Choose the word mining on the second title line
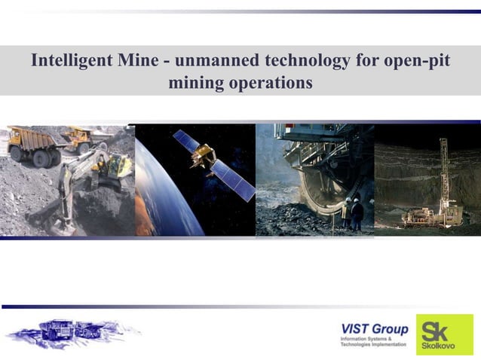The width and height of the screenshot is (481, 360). point(197,83)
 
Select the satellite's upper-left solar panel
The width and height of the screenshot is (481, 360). point(185,139)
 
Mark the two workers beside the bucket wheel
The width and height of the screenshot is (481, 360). point(352,213)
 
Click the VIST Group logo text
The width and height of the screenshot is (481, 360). point(375,329)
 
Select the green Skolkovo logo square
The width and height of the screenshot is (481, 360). point(446,334)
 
